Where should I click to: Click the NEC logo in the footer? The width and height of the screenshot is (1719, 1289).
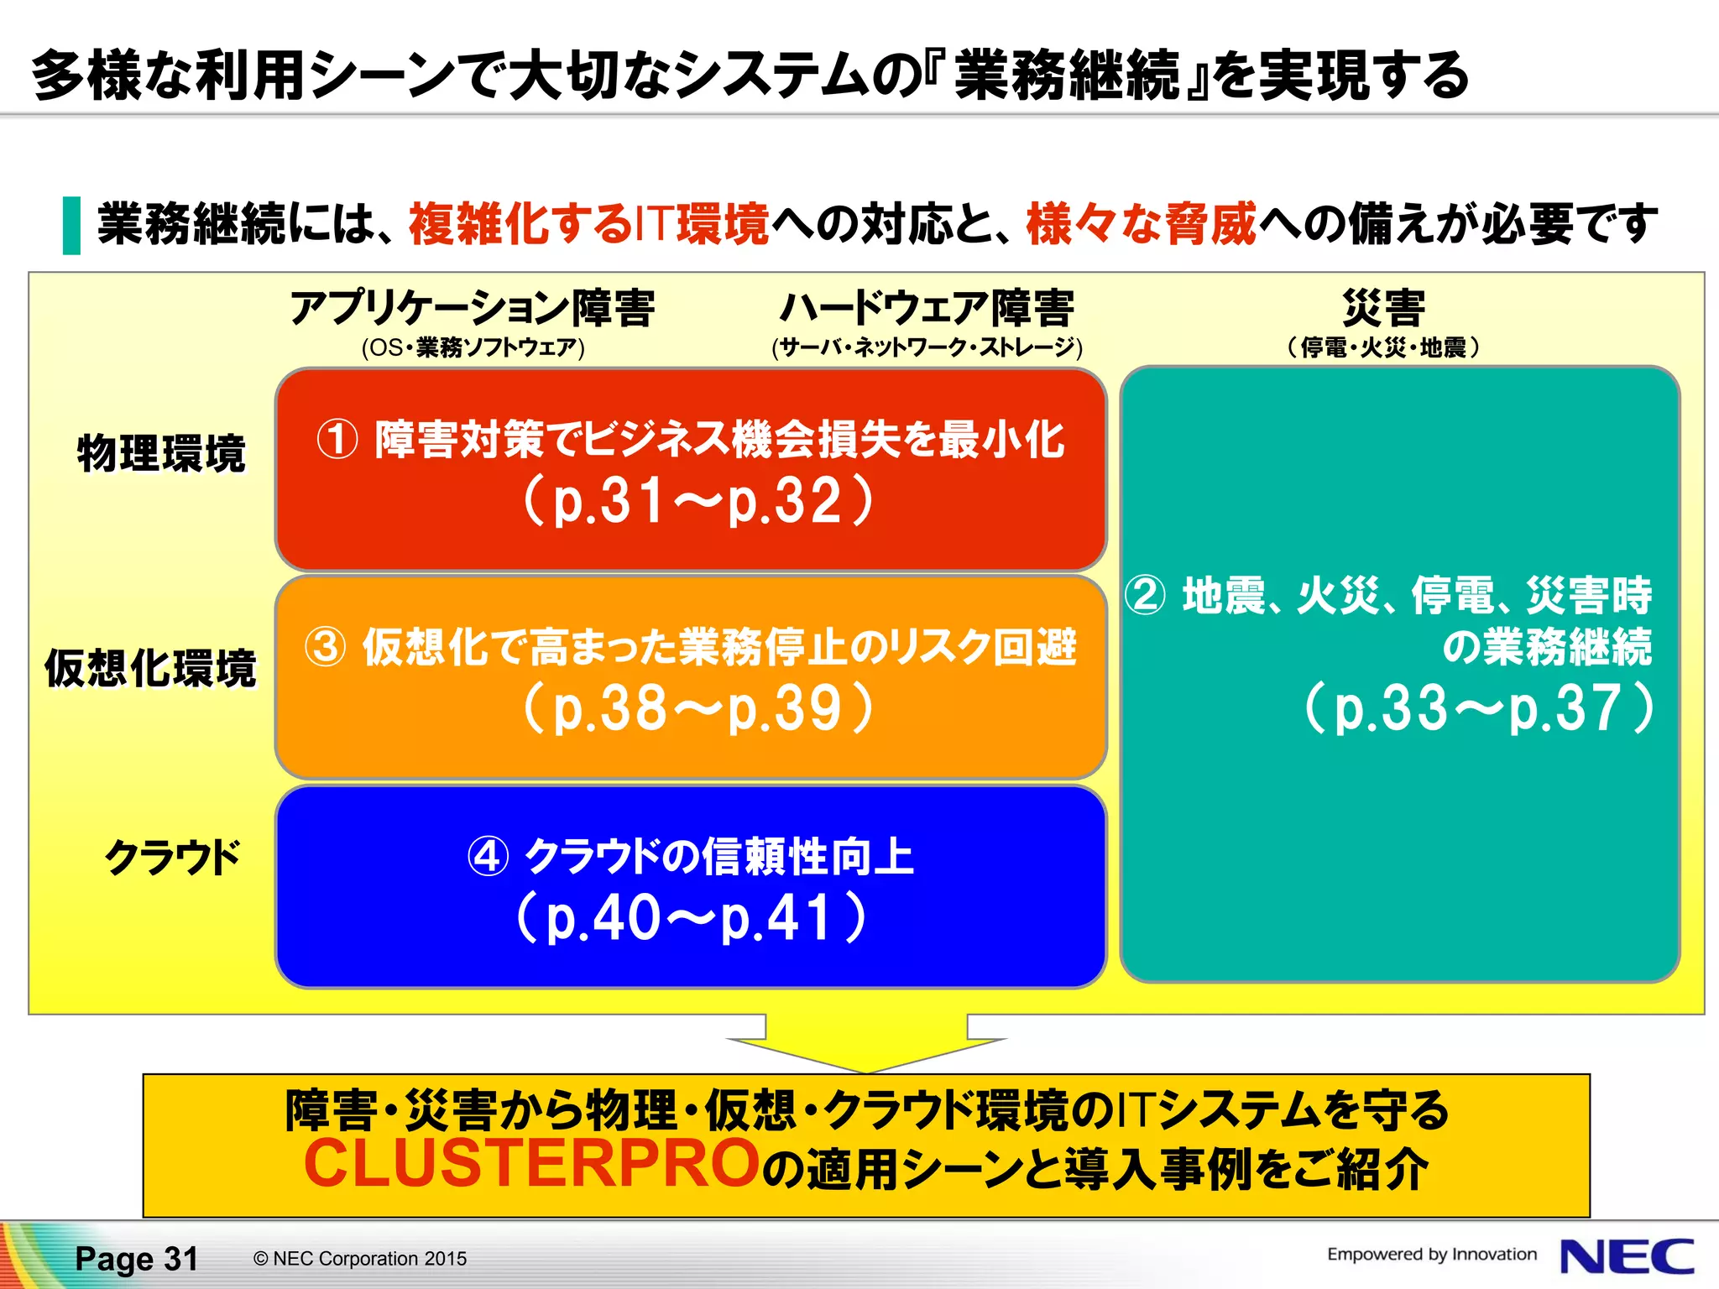(x=1626, y=1257)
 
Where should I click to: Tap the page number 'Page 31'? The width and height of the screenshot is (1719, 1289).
(x=137, y=1259)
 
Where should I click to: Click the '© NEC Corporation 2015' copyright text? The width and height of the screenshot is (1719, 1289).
(x=360, y=1259)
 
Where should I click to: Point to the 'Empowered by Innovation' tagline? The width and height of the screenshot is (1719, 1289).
(x=1431, y=1255)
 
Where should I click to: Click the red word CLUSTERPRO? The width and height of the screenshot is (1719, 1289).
(x=531, y=1165)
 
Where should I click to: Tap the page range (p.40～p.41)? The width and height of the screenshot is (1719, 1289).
(x=691, y=917)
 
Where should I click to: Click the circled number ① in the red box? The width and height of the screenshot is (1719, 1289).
(x=337, y=439)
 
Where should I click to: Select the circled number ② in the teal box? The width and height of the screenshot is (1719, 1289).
(x=1145, y=595)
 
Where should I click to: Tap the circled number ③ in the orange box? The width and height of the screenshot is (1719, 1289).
(x=326, y=647)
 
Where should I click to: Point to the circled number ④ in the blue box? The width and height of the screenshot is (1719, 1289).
(x=488, y=857)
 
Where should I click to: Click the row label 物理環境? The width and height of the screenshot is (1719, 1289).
(x=161, y=454)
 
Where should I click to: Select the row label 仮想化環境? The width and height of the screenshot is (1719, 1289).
(x=150, y=669)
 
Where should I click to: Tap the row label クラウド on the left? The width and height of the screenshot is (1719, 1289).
(x=173, y=858)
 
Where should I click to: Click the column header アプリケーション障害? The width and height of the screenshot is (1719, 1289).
(x=473, y=308)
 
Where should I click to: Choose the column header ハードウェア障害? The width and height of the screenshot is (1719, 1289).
(x=927, y=308)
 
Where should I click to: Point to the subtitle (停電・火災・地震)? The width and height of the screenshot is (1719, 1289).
(x=1383, y=347)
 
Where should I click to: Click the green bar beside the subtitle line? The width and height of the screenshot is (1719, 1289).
(x=72, y=225)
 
